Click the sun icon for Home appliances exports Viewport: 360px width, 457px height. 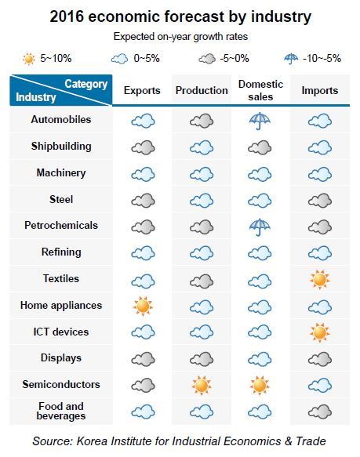pos(143,306)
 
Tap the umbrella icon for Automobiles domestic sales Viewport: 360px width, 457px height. pos(260,121)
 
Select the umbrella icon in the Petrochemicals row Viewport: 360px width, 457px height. pos(260,227)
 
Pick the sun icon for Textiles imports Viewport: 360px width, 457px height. pos(320,280)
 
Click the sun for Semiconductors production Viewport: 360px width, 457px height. pos(202,386)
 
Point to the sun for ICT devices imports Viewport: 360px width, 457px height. pos(320,332)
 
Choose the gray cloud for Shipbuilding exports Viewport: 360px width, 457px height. pos(143,147)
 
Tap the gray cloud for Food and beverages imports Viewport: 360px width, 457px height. pos(320,412)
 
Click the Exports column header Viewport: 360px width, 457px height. pos(142,90)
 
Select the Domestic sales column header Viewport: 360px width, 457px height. pos(260,90)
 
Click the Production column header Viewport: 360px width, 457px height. pos(202,90)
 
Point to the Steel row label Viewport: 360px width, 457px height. pos(61,199)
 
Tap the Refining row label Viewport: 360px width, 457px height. pos(61,252)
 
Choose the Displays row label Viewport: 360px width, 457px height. pos(61,358)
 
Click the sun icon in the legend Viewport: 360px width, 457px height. pos(28,59)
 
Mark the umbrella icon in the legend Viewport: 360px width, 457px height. pos(291,59)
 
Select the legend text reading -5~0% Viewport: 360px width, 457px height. pos(235,58)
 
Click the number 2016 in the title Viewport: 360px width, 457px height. pos(67,16)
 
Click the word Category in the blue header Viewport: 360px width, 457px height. pos(86,84)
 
